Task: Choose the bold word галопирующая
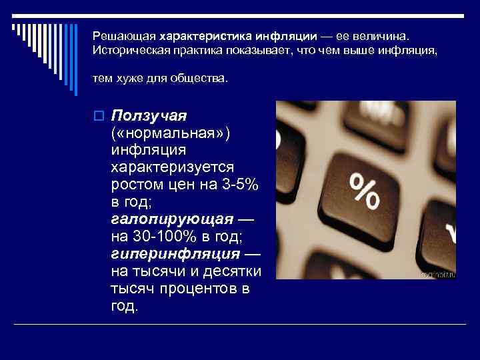(173, 219)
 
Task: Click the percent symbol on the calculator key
(364, 189)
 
